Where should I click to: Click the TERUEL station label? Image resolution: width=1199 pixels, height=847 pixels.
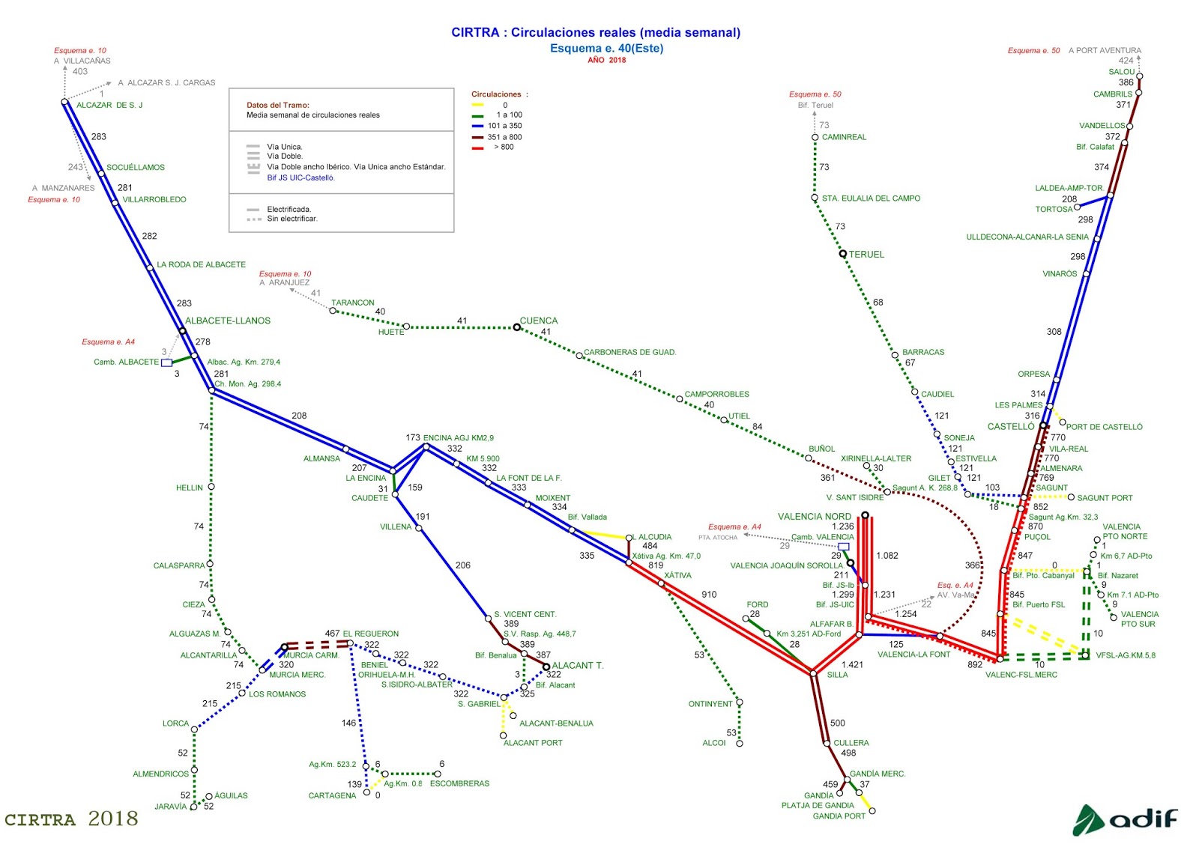(866, 255)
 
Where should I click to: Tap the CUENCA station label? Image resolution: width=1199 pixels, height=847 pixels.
(539, 321)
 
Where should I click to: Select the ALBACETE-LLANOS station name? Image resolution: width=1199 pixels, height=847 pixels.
(228, 321)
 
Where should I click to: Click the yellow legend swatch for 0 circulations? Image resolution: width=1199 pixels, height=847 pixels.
(477, 106)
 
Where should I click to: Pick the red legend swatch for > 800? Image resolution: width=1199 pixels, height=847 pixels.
(477, 148)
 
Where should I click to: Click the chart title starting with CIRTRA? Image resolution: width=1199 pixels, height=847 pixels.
(596, 32)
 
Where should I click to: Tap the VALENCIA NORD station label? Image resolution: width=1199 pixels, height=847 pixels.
(815, 517)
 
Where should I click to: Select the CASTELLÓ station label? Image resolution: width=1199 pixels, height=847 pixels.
(1011, 427)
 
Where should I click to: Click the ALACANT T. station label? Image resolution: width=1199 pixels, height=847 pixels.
(578, 665)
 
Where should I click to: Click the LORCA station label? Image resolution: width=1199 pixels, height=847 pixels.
(175, 723)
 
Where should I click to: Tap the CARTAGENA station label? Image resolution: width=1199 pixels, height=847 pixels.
(332, 795)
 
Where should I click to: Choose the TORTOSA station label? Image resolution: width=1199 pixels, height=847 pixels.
(1054, 210)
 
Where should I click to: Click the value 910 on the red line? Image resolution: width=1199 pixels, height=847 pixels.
(709, 595)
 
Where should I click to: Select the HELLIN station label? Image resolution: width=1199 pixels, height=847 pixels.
(190, 488)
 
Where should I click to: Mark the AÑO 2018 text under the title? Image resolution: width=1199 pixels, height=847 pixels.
(606, 61)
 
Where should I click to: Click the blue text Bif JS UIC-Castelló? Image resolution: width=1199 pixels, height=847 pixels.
(301, 178)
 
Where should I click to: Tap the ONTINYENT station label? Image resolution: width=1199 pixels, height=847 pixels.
(710, 704)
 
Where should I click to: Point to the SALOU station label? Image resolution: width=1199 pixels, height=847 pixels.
(1122, 72)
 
